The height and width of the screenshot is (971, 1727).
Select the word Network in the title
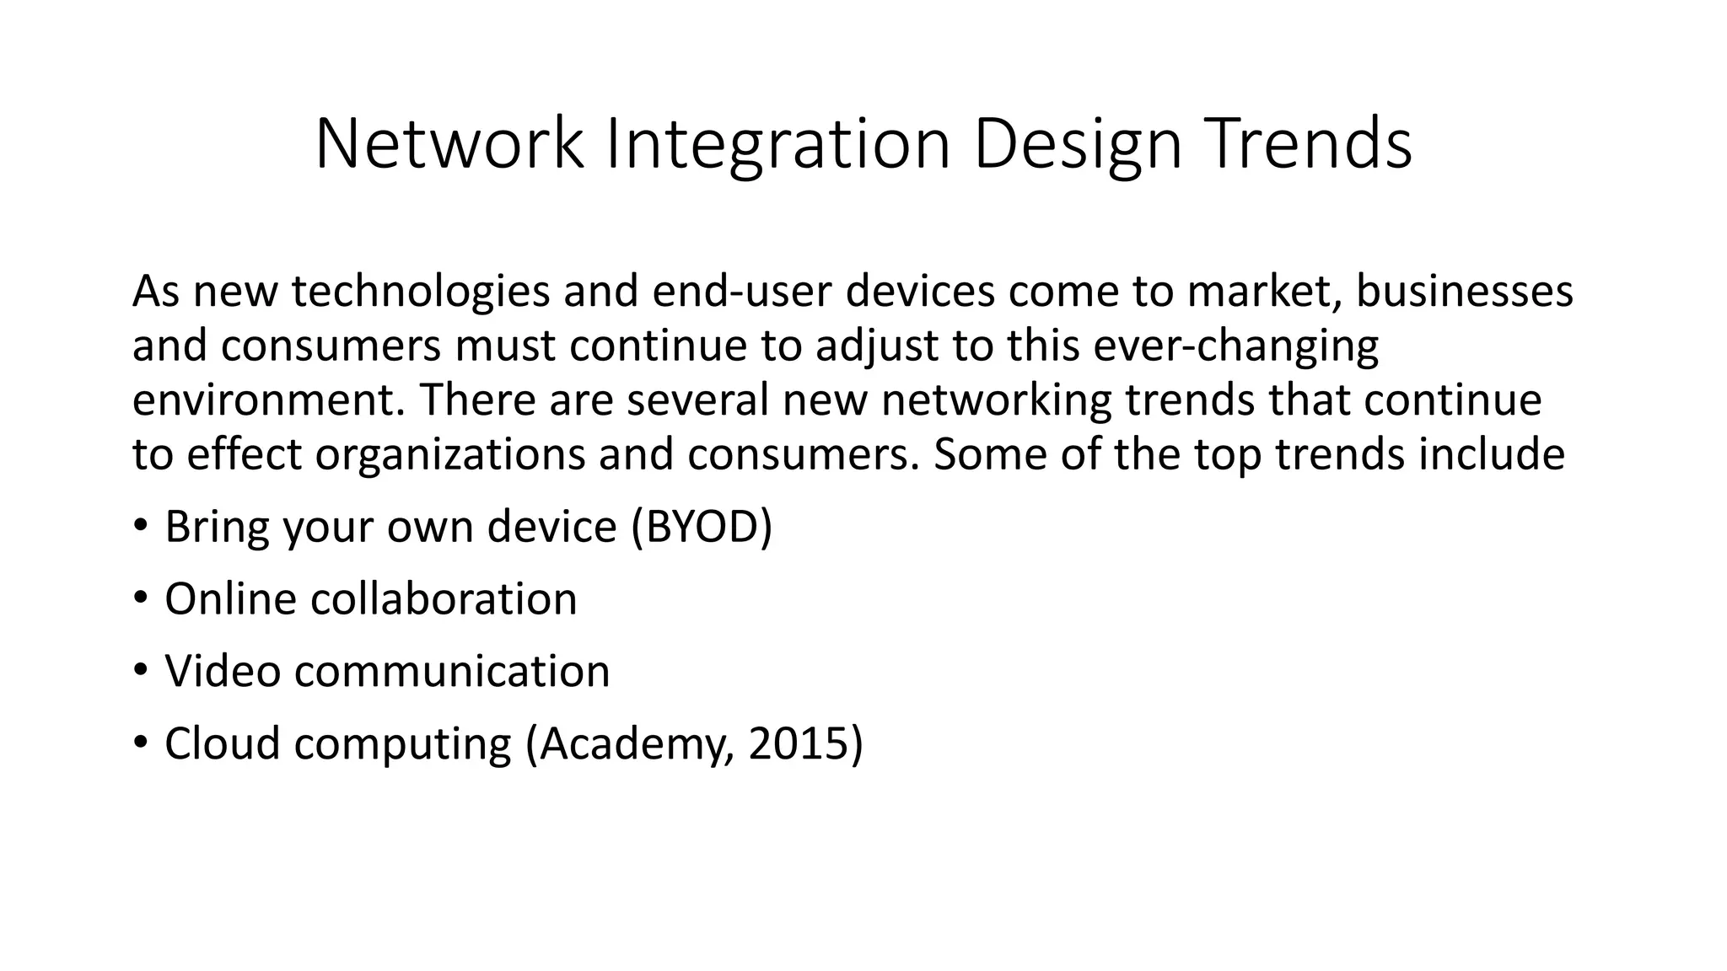pyautogui.click(x=449, y=144)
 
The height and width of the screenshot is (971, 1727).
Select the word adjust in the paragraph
pyautogui.click(x=877, y=346)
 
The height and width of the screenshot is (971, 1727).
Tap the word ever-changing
pyautogui.click(x=1236, y=346)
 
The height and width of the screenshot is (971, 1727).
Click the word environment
pyautogui.click(x=269, y=400)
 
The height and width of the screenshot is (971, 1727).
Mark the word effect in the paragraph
pyautogui.click(x=244, y=454)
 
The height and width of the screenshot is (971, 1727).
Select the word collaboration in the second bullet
pyautogui.click(x=444, y=599)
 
